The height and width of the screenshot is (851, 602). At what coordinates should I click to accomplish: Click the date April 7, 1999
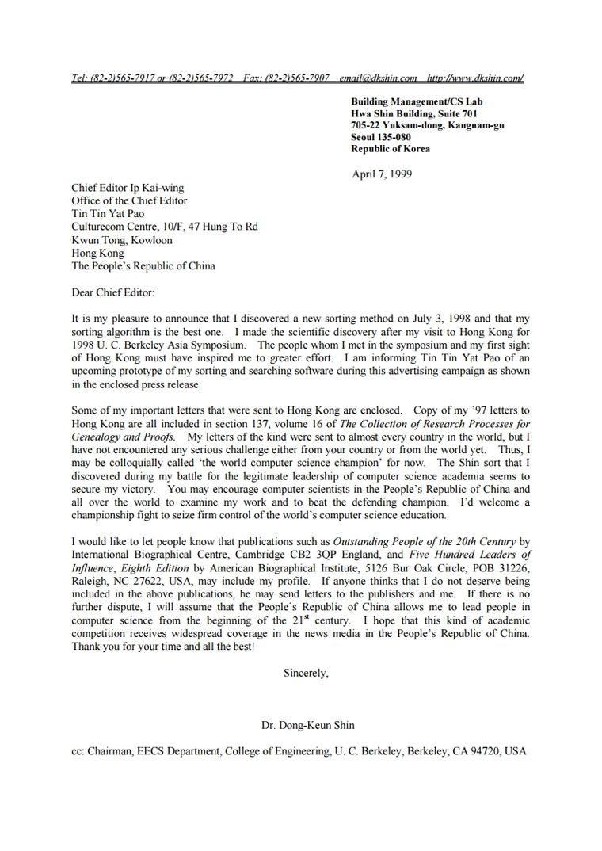pyautogui.click(x=381, y=174)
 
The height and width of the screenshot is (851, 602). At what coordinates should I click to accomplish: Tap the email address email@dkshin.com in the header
pyautogui.click(x=378, y=78)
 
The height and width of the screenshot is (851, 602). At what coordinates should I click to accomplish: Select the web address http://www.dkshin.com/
pyautogui.click(x=474, y=78)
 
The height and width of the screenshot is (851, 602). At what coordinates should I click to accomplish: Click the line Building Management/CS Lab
pyautogui.click(x=417, y=101)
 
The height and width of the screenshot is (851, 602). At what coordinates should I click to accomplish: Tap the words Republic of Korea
pyautogui.click(x=391, y=149)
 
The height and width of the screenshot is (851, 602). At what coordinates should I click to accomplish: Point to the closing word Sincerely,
pyautogui.click(x=306, y=673)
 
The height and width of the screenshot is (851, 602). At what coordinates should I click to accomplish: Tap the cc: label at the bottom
pyautogui.click(x=78, y=751)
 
